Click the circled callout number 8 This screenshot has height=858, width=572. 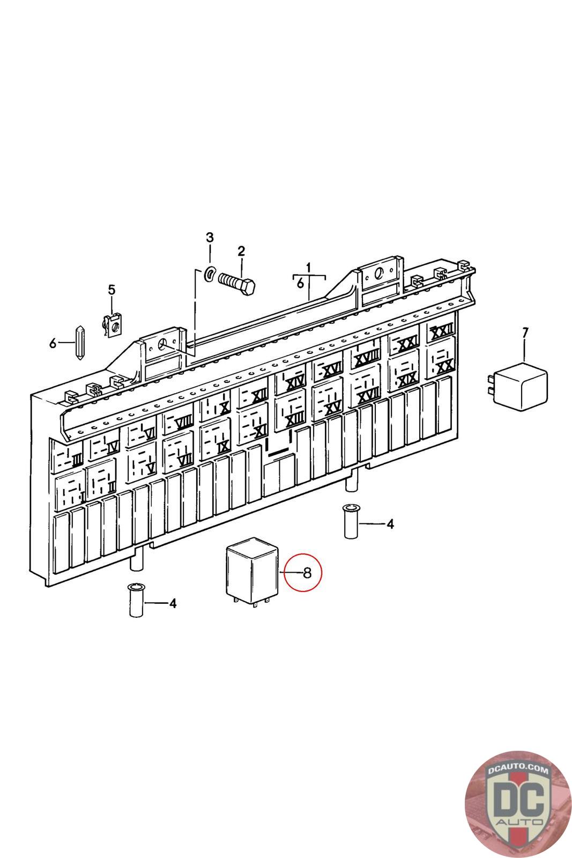point(307,573)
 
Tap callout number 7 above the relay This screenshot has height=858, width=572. point(525,334)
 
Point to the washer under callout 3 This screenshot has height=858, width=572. point(210,274)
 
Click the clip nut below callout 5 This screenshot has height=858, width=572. point(112,326)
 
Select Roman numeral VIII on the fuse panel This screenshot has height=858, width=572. point(182,422)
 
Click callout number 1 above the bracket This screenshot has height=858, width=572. point(309,267)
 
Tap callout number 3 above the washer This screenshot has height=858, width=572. point(210,238)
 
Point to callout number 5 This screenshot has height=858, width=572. point(112,290)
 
